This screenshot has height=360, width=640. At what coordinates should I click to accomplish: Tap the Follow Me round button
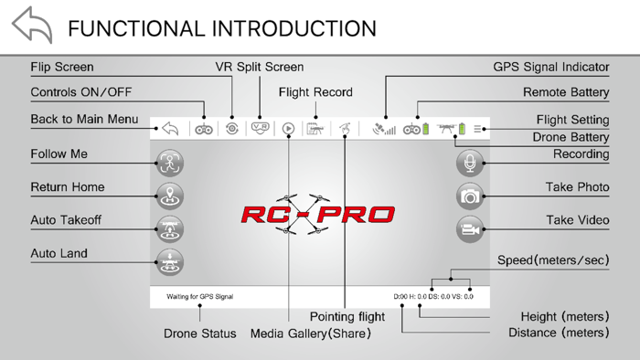tap(170, 163)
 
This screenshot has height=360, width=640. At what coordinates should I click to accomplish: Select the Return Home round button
tap(170, 196)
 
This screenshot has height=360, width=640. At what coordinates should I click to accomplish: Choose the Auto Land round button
tap(170, 262)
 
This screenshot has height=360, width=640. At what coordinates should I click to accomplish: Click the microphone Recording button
tap(470, 163)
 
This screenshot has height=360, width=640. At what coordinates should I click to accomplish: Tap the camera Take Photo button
tap(470, 196)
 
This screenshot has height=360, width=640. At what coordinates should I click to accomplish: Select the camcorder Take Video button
tap(470, 229)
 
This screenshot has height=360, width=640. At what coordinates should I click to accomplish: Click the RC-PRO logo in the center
tap(317, 215)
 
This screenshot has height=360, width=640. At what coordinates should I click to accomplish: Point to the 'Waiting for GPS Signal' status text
tap(199, 297)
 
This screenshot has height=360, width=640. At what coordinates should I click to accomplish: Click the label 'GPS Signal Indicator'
tap(550, 68)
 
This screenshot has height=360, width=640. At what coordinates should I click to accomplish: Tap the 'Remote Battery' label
tap(566, 92)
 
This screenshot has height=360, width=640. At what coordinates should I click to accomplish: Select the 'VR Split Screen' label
tap(252, 68)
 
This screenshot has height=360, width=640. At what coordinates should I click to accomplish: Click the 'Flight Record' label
tap(315, 92)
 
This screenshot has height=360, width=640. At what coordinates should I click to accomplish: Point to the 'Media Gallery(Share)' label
tap(311, 334)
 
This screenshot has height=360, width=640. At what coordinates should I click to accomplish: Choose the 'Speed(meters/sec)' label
tap(553, 260)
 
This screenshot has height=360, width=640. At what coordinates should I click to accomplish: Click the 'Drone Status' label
tap(199, 334)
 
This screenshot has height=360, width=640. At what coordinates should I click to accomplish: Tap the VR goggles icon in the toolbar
tap(260, 129)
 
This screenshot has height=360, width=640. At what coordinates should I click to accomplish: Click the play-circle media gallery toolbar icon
tap(288, 129)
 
